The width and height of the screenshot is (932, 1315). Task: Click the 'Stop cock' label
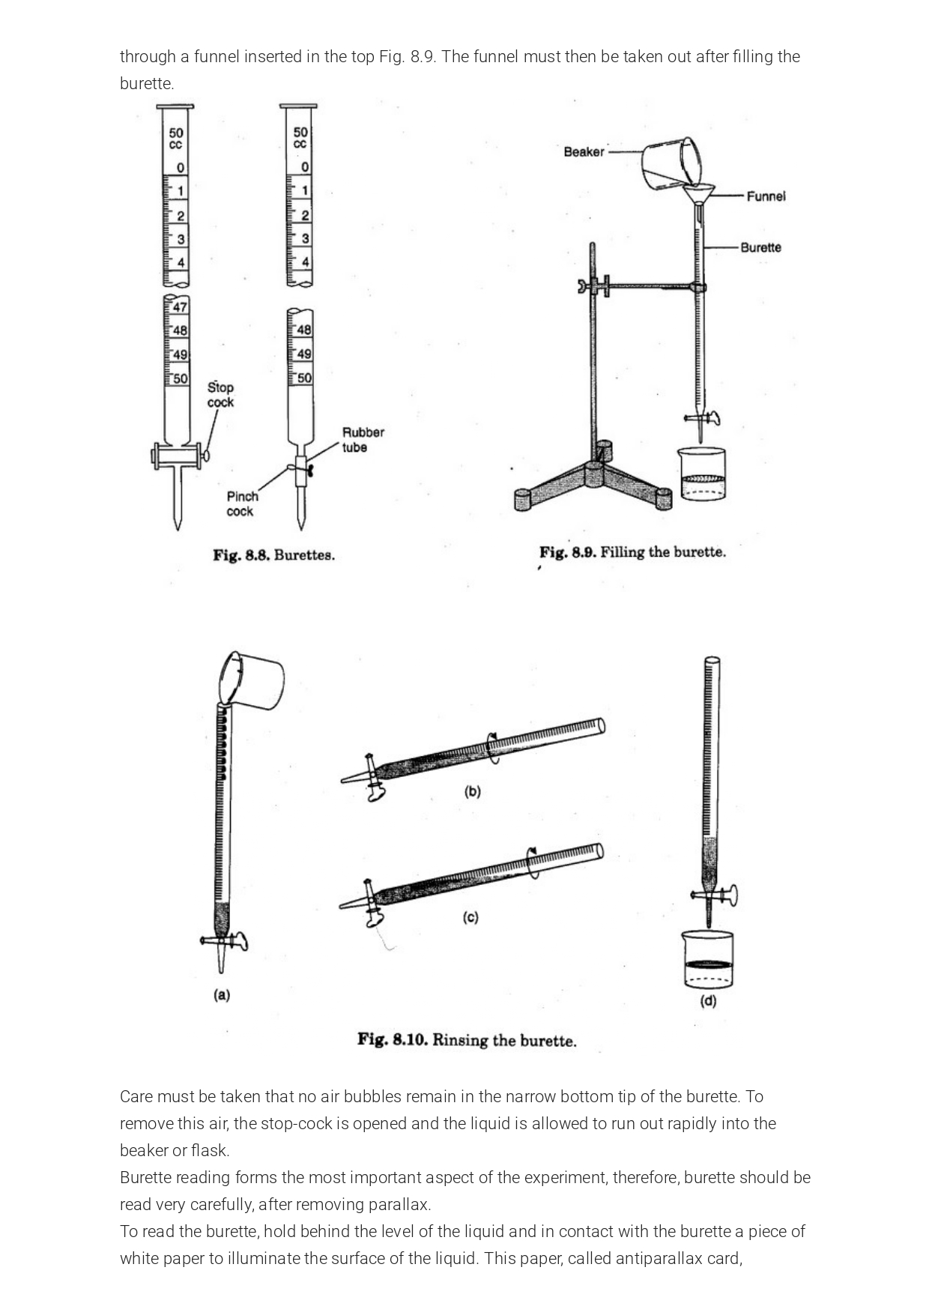pos(220,395)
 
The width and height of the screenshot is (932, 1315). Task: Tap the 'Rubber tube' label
pos(363,440)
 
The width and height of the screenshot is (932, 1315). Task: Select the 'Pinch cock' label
pos(242,504)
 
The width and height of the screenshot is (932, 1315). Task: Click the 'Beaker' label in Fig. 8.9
pos(584,152)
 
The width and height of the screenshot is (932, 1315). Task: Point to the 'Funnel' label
pos(766,196)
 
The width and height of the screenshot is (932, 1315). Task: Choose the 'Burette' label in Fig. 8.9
pos(760,247)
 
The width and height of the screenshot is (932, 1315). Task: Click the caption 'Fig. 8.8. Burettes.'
pos(273,555)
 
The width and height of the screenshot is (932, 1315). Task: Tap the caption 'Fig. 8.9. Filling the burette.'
pos(632,553)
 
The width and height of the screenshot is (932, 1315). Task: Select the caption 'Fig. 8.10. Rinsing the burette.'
pos(467,1040)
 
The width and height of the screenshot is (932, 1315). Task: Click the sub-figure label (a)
pos(222,995)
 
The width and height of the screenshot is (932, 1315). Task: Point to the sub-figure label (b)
pos(472,791)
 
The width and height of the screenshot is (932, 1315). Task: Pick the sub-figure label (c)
pos(470,917)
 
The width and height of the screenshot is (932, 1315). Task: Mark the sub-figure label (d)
pos(708,1001)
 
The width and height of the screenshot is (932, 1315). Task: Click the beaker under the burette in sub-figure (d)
pos(707,961)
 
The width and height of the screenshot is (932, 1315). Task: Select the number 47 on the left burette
pos(181,307)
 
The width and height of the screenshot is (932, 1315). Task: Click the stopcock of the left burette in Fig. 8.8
pos(178,456)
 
